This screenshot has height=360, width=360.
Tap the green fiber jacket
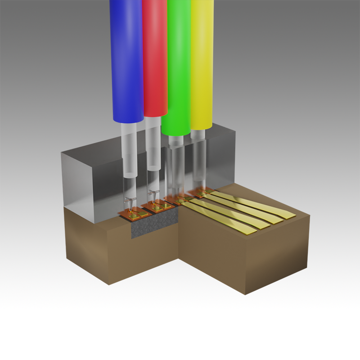(x=178, y=63)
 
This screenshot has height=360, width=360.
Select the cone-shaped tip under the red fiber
(x=155, y=196)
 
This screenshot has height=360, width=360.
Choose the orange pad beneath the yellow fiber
(x=198, y=193)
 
